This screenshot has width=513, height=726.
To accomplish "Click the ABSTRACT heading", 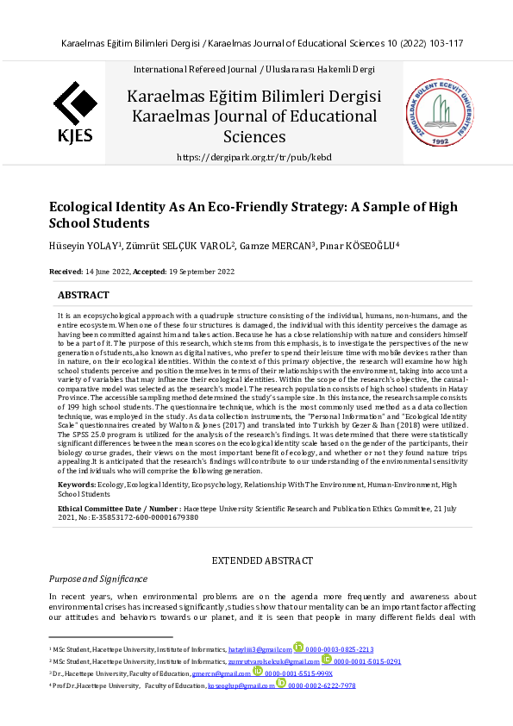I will click(x=83, y=295).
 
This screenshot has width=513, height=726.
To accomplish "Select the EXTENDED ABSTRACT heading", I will click(x=255, y=561).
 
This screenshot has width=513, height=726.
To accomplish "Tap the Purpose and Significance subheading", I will click(x=97, y=579).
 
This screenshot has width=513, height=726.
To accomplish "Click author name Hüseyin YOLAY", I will click(x=84, y=246).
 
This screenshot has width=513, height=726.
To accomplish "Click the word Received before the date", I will click(x=66, y=272).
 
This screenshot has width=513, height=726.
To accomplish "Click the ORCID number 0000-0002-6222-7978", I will click(x=322, y=685).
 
